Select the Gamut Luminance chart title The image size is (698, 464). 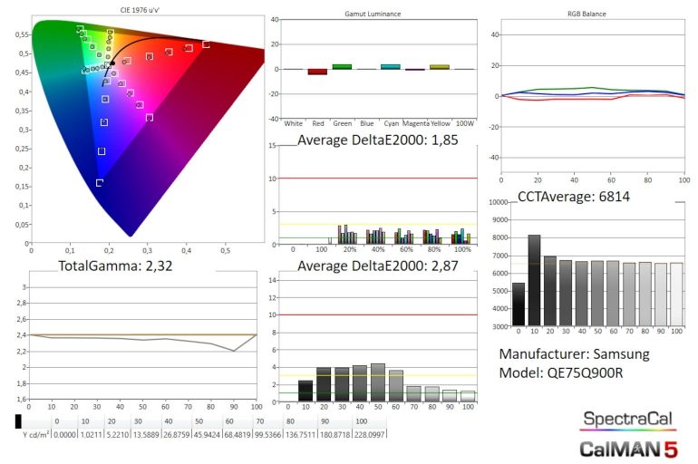click(x=373, y=15)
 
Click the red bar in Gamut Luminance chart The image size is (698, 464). click(x=317, y=72)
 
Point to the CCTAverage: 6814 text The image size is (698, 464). click(x=573, y=197)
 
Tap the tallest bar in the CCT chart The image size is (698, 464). click(x=534, y=281)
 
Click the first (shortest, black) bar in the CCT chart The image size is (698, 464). click(x=519, y=304)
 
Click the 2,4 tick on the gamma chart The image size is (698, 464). click(x=24, y=335)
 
